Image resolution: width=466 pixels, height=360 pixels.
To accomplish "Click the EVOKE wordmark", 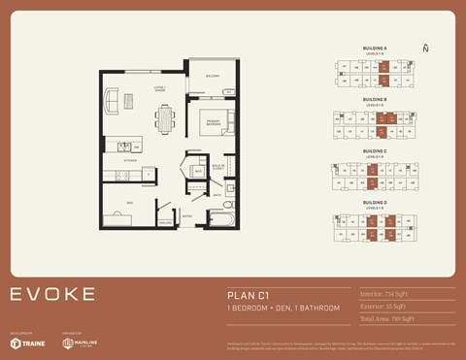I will pyautogui.click(x=52, y=294).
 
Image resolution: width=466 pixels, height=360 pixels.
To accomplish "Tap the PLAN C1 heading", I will pyautogui.click(x=249, y=294).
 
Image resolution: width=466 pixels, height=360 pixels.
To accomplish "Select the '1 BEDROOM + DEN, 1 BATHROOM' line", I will pyautogui.click(x=283, y=308).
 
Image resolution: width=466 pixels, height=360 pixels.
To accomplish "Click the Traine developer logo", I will pyautogui.click(x=26, y=343).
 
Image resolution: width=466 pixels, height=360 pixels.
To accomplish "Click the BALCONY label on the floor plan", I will pyautogui.click(x=212, y=76).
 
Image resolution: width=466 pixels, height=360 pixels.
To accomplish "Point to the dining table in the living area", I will pyautogui.click(x=164, y=118).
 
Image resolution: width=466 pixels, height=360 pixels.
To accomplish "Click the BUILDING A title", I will pyautogui.click(x=375, y=48).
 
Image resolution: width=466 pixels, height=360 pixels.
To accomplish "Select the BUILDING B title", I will pyautogui.click(x=375, y=99).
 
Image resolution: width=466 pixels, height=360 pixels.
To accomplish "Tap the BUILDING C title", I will pyautogui.click(x=375, y=150).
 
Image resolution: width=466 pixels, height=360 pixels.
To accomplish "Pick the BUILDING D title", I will pyautogui.click(x=375, y=202).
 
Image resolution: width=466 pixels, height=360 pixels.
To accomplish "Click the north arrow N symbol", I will pyautogui.click(x=425, y=48).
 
